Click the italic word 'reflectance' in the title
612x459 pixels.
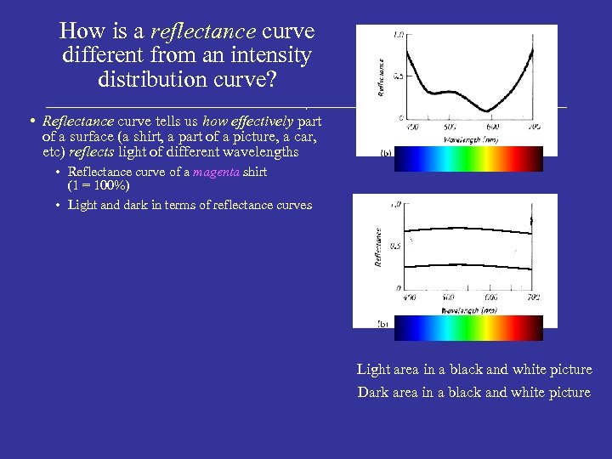pos(202,31)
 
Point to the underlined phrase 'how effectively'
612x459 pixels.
pos(247,122)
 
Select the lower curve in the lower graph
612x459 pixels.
pos(467,262)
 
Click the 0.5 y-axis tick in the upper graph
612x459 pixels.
pos(396,76)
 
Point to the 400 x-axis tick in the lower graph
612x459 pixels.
pos(409,298)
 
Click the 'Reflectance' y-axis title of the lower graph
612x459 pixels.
pos(378,246)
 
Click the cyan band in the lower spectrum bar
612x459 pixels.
pos(442,328)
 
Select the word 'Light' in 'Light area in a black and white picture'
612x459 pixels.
pos(373,370)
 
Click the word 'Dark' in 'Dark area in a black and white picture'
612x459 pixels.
pos(372,392)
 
